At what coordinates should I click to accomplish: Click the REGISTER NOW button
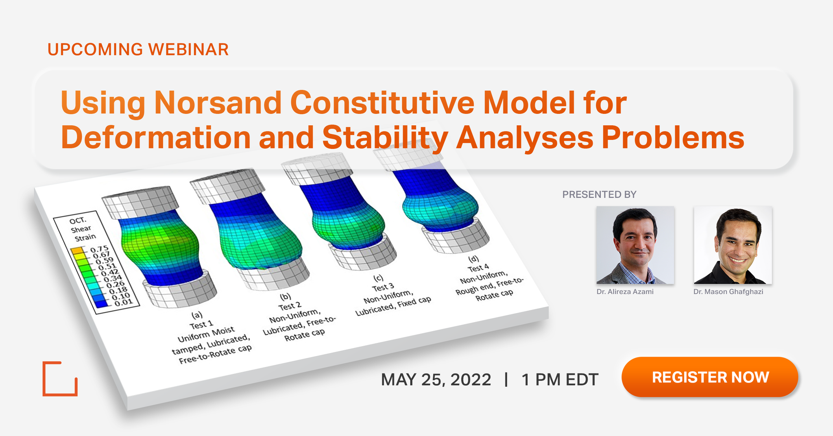(710, 377)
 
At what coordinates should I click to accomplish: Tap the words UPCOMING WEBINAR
(138, 50)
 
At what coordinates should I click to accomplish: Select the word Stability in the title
(385, 137)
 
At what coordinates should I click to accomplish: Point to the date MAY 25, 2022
(436, 380)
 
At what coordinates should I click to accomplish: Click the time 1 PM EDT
(560, 380)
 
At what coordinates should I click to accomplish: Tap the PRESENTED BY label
(599, 195)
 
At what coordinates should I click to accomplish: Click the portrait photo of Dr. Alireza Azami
(635, 245)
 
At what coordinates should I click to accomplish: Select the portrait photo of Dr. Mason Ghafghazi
(733, 245)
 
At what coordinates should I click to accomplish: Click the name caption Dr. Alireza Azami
(625, 292)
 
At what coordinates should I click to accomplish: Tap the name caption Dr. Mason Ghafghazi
(728, 292)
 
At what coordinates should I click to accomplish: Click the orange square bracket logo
(60, 379)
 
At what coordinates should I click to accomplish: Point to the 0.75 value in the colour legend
(100, 249)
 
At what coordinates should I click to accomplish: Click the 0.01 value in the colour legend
(123, 303)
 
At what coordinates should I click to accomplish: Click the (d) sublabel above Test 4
(473, 259)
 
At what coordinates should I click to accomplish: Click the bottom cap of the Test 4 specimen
(456, 238)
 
